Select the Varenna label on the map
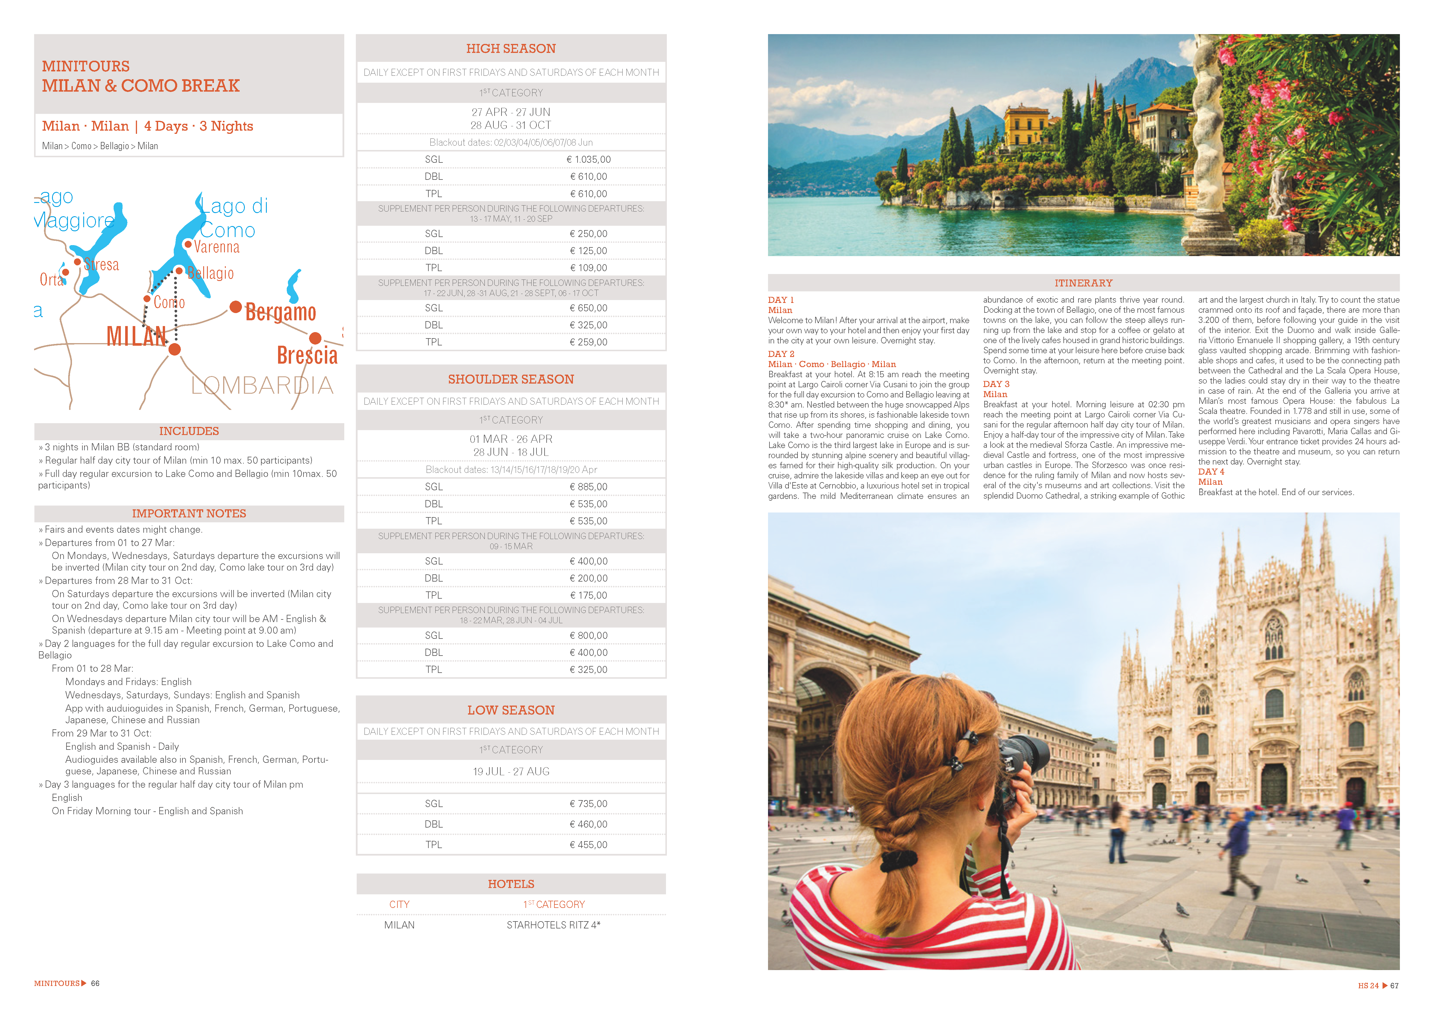tap(217, 247)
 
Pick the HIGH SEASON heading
tap(511, 49)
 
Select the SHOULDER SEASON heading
tap(511, 379)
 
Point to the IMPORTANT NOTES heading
tap(189, 513)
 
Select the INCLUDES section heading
tap(189, 431)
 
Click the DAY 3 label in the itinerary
tap(996, 384)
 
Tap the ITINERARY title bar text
tap(1084, 283)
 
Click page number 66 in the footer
tap(95, 983)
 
